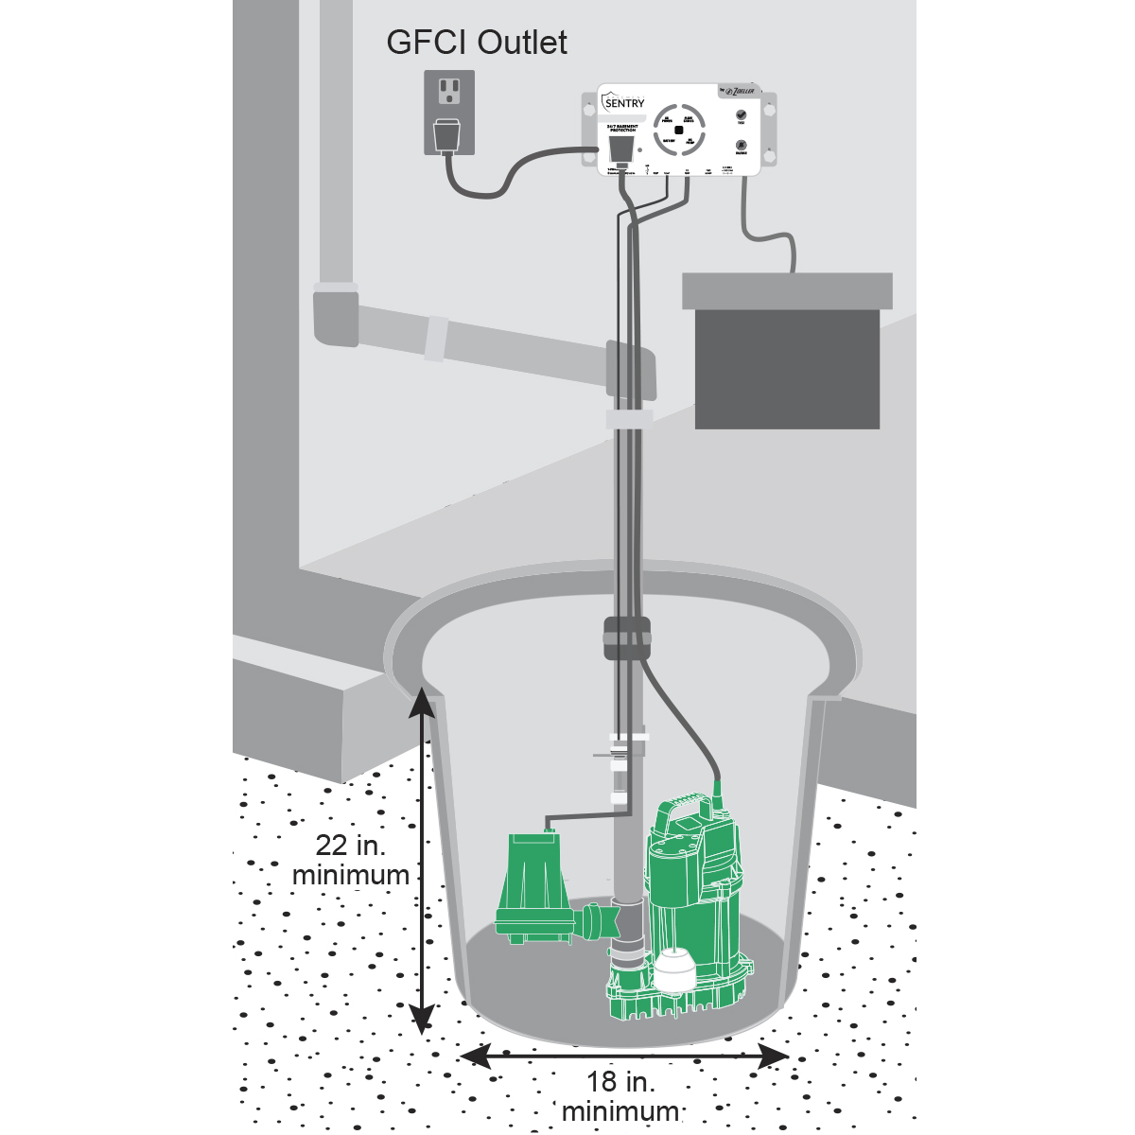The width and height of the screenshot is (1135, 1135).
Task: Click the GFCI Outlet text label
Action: pos(478,43)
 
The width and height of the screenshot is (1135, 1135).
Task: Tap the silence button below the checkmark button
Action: pos(741,146)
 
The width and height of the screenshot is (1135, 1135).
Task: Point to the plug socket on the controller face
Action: pos(620,149)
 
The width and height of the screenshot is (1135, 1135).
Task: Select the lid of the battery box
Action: pos(787,290)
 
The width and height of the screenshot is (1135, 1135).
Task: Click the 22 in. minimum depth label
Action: pos(351,860)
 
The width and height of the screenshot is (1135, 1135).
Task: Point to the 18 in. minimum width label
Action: pos(620,1096)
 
